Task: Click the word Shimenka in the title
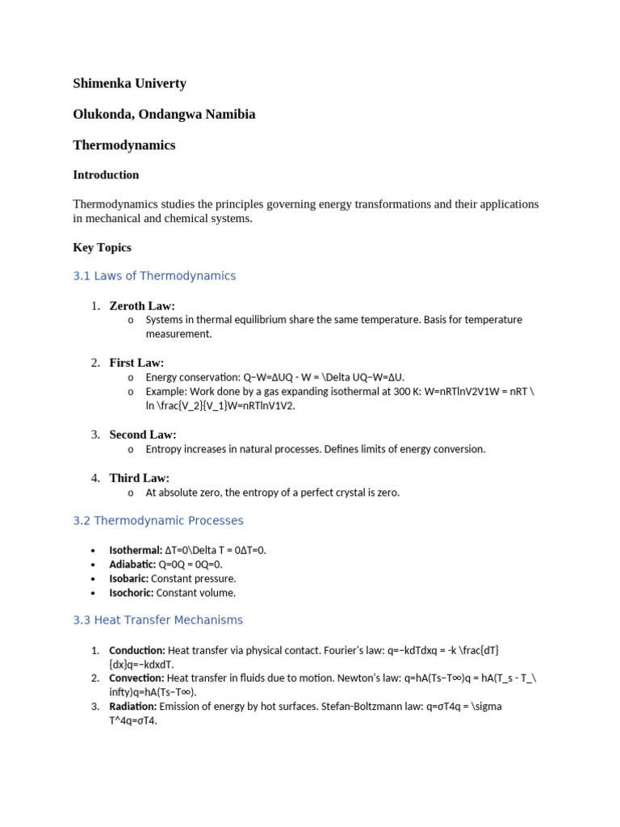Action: (x=101, y=83)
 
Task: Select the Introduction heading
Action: (x=106, y=174)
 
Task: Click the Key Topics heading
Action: (x=102, y=247)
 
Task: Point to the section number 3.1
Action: (x=82, y=276)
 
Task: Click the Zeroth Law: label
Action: (x=142, y=305)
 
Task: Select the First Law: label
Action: (x=136, y=363)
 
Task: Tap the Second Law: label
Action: (x=143, y=434)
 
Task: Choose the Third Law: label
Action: (x=139, y=478)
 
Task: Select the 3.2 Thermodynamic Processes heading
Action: (x=158, y=521)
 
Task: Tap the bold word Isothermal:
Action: (x=136, y=550)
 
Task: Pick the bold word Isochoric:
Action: (x=132, y=593)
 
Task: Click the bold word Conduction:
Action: (x=137, y=650)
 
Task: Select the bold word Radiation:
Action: (x=133, y=706)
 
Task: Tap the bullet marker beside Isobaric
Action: (x=95, y=579)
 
